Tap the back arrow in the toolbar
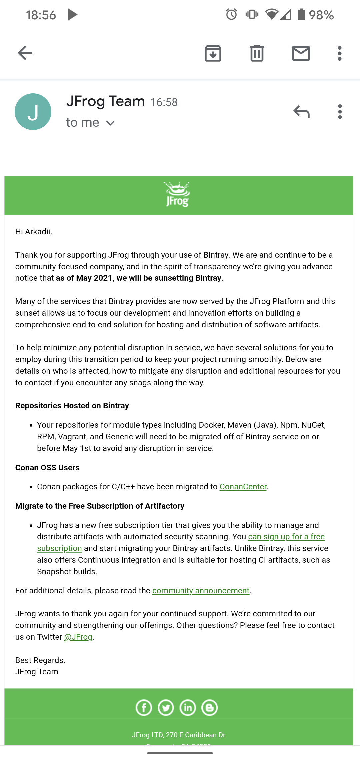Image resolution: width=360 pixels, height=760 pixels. [x=25, y=53]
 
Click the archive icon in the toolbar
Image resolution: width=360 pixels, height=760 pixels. [x=213, y=53]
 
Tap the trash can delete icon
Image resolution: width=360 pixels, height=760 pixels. [x=257, y=53]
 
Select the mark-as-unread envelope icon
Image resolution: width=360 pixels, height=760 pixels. [x=301, y=53]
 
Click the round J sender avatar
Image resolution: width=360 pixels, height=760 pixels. [x=33, y=112]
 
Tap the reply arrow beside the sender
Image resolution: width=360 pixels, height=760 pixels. [x=302, y=112]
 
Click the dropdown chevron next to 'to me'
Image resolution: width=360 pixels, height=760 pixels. [x=110, y=123]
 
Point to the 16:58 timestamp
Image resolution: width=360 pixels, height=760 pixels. [x=164, y=102]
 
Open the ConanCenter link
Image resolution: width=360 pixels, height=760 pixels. [x=243, y=487]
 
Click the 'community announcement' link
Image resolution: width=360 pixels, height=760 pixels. [x=201, y=591]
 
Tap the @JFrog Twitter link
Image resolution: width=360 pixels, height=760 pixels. [x=78, y=637]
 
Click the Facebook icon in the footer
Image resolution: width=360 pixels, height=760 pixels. [x=144, y=708]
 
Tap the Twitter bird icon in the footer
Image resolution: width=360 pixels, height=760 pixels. [x=166, y=708]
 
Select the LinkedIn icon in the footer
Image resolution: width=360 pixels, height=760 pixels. [x=188, y=708]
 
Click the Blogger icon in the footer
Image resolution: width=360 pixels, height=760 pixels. [x=210, y=708]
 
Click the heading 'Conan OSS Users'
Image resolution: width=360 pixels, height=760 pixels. [x=47, y=468]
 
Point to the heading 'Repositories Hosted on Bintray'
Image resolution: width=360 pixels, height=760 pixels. [x=72, y=406]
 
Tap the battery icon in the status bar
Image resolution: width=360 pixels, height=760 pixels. [x=301, y=15]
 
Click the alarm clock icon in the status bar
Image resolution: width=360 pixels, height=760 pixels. [x=231, y=14]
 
